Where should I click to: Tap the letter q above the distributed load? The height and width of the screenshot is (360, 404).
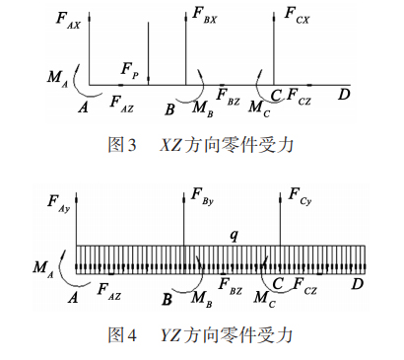point(234,235)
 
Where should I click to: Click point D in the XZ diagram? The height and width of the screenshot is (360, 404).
point(343,95)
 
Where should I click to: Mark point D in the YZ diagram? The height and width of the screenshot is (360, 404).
point(357,284)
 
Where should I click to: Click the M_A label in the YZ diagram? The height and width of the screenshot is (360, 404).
point(42,266)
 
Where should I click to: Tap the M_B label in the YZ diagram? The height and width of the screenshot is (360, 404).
point(200,295)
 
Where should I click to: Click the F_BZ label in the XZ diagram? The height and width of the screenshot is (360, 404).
point(228,98)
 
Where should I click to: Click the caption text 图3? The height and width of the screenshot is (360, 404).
point(121,145)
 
